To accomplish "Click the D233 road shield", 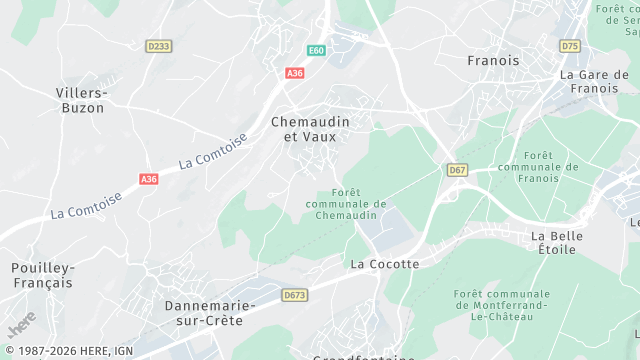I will coord(158,45).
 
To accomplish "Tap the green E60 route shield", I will coord(316,50).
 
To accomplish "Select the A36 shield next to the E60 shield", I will coord(294,73).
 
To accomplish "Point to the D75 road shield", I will coord(570,46).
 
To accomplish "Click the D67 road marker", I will coord(458,170).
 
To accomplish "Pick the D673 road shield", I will coord(294,295).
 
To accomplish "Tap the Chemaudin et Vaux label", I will coord(311,128).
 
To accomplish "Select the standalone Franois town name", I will coord(493,61).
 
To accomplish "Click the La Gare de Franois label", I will coord(594,81).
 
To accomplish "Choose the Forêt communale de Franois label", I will coord(538,166).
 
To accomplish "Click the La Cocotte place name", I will coord(385,264).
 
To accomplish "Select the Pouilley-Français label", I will coord(42,275).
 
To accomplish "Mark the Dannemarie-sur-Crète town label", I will coord(210,311).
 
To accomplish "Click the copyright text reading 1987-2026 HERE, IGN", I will coord(67,351).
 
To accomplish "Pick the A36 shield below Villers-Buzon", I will coord(149,179).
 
